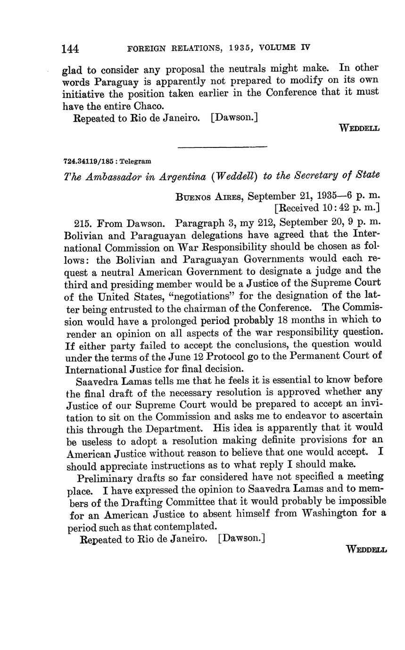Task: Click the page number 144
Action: (x=70, y=49)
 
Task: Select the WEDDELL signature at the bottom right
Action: (x=366, y=549)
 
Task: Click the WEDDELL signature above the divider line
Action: (x=359, y=128)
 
